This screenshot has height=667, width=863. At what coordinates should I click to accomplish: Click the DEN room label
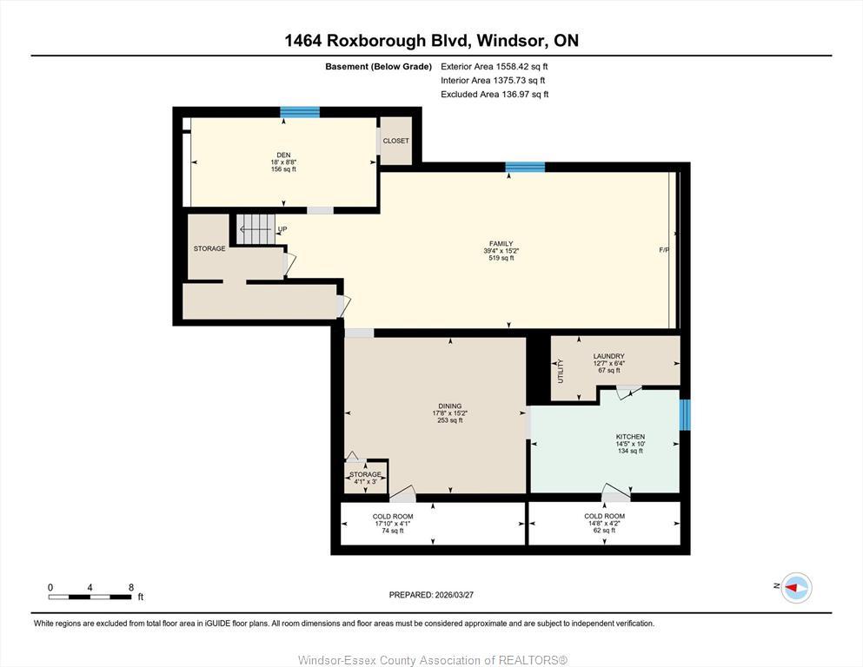click(x=283, y=155)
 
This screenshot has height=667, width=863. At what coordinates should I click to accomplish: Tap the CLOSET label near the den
click(x=395, y=141)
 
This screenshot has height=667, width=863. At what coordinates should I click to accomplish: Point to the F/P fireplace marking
click(x=664, y=250)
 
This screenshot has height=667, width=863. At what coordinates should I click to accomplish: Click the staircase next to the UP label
click(x=256, y=229)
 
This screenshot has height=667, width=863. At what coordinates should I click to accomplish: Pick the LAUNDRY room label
click(x=608, y=356)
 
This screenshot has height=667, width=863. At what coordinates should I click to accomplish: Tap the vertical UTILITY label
click(x=561, y=371)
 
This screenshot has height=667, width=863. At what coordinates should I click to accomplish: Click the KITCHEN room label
click(x=630, y=437)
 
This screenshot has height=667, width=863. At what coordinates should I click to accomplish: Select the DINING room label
click(x=449, y=406)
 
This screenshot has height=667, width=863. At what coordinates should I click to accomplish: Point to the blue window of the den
click(x=300, y=112)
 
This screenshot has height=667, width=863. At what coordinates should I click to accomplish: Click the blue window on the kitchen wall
click(x=685, y=414)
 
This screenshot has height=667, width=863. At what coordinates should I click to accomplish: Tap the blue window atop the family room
click(x=525, y=167)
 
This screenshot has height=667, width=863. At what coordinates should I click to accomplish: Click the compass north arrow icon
click(x=796, y=588)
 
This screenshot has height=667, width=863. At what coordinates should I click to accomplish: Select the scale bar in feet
click(x=90, y=596)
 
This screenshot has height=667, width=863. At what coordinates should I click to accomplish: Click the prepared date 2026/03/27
click(x=431, y=595)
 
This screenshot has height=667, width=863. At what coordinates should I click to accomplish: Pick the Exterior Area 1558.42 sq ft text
click(x=494, y=66)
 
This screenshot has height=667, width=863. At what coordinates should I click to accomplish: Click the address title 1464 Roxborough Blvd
click(x=431, y=40)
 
